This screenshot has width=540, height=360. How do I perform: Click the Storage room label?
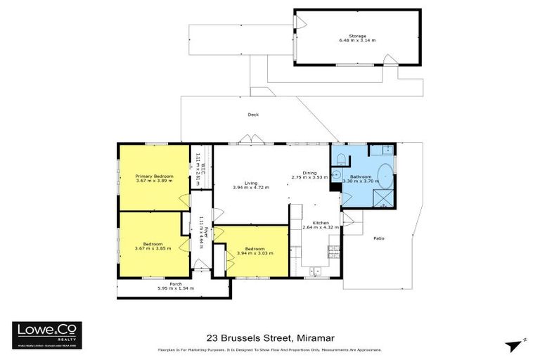[x=358, y=35]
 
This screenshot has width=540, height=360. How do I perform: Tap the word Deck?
[x=253, y=115]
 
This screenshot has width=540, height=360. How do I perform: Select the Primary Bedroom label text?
[x=155, y=176]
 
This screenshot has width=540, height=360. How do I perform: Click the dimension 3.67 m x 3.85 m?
[x=153, y=249]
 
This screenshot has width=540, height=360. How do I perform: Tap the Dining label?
[x=309, y=172]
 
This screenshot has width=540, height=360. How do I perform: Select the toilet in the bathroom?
[x=340, y=157]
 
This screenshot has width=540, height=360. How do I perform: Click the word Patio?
[x=378, y=238]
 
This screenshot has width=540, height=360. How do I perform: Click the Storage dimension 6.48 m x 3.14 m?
[x=358, y=41]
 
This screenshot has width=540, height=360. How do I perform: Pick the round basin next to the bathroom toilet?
[x=336, y=175]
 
